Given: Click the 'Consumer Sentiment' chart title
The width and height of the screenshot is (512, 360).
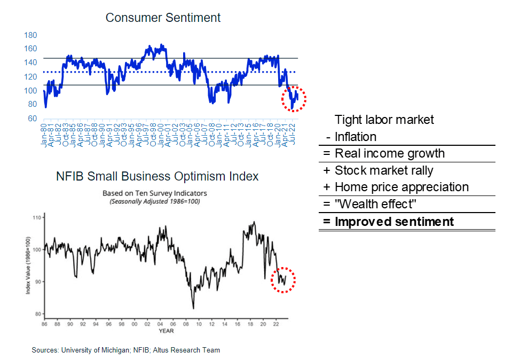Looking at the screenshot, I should (163, 18).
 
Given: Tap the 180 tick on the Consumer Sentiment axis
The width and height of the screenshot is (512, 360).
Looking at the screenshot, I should (30, 35).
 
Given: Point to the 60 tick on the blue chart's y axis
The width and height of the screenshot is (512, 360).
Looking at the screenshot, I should (33, 118).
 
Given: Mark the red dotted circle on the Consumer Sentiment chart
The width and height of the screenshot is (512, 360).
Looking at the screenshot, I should (293, 98).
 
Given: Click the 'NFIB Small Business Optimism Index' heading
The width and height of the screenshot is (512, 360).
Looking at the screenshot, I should (157, 176).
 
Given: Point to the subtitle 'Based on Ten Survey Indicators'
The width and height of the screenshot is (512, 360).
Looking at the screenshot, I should (154, 193).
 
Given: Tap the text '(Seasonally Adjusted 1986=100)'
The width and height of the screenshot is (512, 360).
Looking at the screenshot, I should (154, 201).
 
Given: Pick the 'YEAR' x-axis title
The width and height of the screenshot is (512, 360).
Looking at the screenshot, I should (166, 331).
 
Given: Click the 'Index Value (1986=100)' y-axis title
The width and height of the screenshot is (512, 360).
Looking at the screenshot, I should (28, 265).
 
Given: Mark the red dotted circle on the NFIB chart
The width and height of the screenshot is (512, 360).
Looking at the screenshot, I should (282, 279).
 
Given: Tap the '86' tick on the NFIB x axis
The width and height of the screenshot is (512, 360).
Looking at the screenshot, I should (45, 324).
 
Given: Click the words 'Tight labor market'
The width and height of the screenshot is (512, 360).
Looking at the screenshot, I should (384, 120).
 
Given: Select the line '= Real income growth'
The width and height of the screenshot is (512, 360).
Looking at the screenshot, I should (383, 154).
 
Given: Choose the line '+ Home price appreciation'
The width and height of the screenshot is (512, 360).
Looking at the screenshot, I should (395, 187).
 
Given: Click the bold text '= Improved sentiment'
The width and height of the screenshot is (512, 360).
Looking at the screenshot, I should (388, 222).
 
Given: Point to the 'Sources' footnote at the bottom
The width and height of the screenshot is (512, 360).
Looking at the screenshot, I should (125, 350).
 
